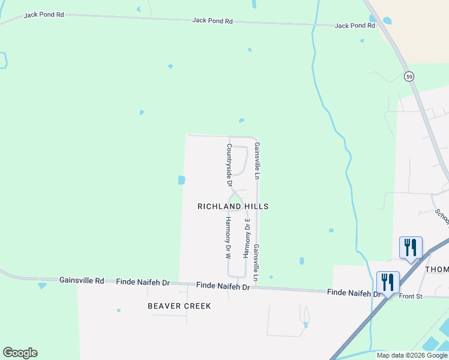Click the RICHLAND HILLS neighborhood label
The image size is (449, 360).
tap(233, 206)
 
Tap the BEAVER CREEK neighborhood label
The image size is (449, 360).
tap(179, 306)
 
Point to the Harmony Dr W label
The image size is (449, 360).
tap(228, 238)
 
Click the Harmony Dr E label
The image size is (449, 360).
tap(245, 238)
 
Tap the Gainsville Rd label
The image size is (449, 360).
tap(82, 280)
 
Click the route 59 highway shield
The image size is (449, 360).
tap(409, 76)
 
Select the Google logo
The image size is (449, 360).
tap(20, 353)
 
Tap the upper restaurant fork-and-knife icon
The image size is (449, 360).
tap(411, 247)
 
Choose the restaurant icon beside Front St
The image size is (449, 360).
tap(388, 282)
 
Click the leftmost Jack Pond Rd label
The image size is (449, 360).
tap(44, 14)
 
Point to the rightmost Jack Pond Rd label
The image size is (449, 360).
tap(355, 26)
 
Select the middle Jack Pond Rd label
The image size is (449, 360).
tap(212, 20)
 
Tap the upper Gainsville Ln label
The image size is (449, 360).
tap(256, 161)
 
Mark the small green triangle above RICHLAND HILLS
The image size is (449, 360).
tap(236, 197)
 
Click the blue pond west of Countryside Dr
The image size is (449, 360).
tap(181, 179)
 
